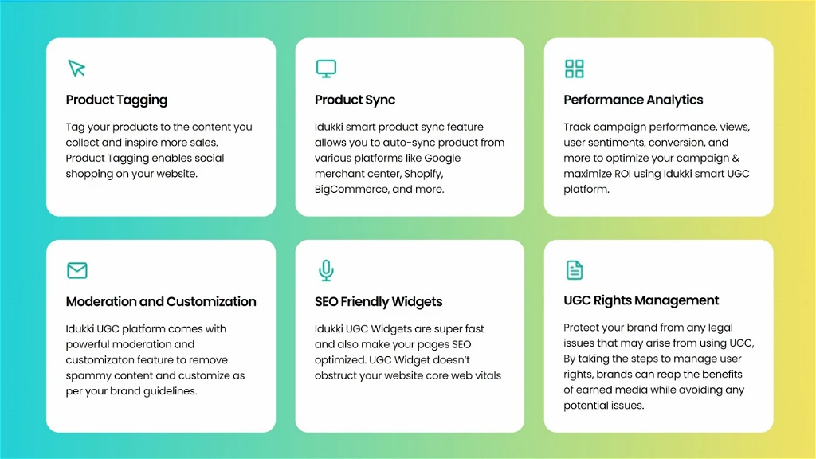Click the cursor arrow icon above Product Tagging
(76, 69)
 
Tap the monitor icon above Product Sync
(326, 69)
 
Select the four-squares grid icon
(575, 69)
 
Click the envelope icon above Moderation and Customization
(77, 270)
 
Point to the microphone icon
(326, 271)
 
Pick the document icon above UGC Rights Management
(575, 270)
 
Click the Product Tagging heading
(116, 100)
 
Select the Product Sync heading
(355, 100)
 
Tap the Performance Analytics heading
(634, 100)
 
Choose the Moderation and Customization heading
(161, 302)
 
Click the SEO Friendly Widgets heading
(379, 302)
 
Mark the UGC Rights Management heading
(641, 300)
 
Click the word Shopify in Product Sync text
(424, 174)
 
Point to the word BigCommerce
(351, 190)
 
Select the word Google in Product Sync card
(442, 159)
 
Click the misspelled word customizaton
(102, 360)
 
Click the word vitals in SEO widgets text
(486, 376)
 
